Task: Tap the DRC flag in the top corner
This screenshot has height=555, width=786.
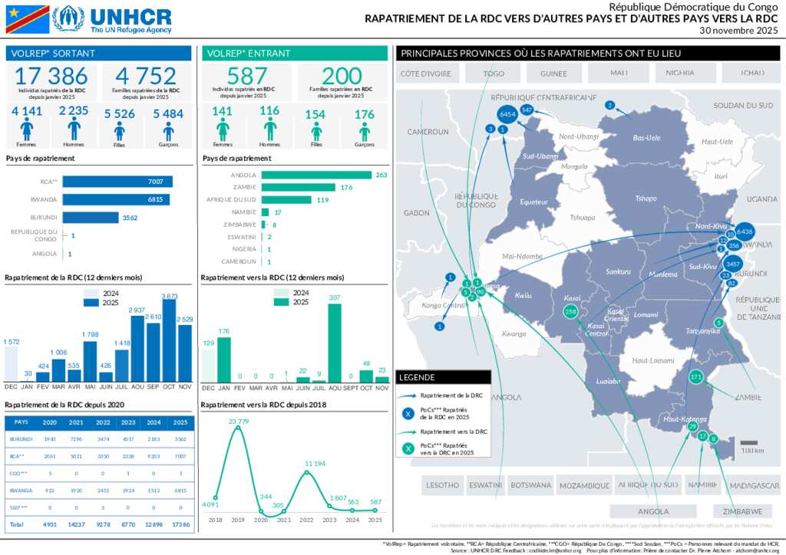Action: point(27,19)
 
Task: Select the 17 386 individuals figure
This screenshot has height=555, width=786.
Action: point(51,77)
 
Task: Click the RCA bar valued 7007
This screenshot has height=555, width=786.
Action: point(117,182)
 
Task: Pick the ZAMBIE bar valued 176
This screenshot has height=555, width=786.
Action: point(298,188)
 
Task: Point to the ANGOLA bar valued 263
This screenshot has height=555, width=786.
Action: point(316,176)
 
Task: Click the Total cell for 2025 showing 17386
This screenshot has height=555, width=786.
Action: point(180,524)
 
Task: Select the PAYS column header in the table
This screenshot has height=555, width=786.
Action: point(21,422)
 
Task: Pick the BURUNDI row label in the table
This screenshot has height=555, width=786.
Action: point(21,439)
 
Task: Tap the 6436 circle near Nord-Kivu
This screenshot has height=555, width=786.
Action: point(745,231)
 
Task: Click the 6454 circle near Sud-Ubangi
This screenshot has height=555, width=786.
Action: point(506,114)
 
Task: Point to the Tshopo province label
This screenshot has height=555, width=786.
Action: point(646,199)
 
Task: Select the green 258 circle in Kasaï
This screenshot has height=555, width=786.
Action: point(570,312)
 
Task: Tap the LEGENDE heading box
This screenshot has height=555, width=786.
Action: point(443,377)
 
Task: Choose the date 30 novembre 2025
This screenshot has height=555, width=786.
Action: point(739,31)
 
